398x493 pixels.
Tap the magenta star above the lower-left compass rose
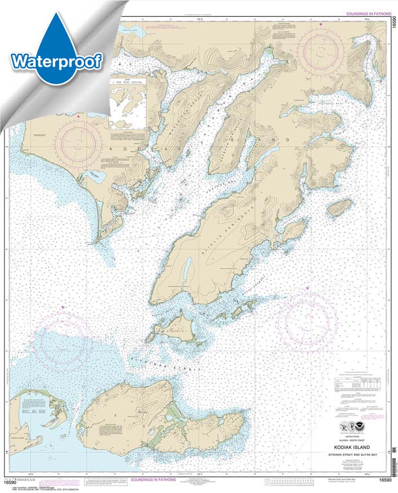tap(63, 307)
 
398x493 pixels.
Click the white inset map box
tap(127, 102)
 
